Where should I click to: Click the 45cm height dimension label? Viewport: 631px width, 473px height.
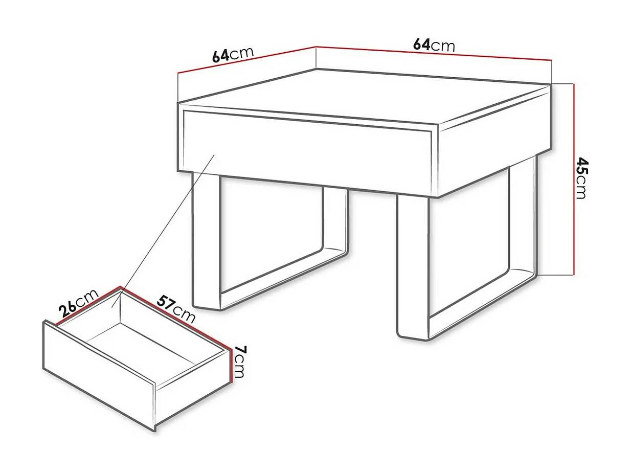pyautogui.click(x=582, y=178)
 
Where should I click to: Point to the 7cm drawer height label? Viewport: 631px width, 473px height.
pyautogui.click(x=239, y=361)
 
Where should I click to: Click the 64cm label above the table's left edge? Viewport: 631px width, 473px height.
pyautogui.click(x=233, y=54)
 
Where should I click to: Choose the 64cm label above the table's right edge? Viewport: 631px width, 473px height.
pyautogui.click(x=434, y=45)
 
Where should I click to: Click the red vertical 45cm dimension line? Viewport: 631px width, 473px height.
pyautogui.click(x=574, y=179)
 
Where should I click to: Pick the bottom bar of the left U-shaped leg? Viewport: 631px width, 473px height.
pyautogui.click(x=281, y=279)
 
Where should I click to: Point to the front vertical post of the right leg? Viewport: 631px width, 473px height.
pyautogui.click(x=412, y=266)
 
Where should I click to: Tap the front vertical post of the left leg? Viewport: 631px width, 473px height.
pyautogui.click(x=206, y=240)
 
